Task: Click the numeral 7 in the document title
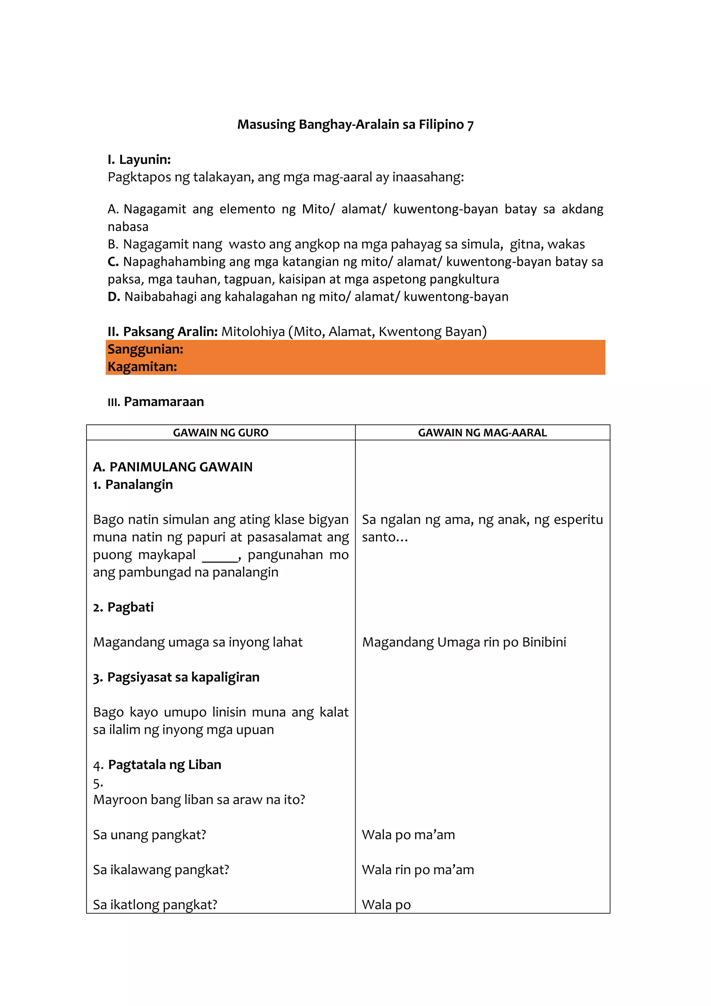470,125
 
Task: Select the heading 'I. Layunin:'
139,159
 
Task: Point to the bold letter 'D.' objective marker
114,297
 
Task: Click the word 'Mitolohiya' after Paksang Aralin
253,332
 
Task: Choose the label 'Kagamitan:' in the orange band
142,367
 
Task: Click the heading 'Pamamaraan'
164,402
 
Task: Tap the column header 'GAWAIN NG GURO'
221,433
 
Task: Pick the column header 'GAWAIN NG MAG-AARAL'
483,433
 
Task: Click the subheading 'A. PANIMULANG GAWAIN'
173,467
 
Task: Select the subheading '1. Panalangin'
133,485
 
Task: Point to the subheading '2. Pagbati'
124,607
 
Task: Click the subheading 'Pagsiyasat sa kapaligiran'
183,677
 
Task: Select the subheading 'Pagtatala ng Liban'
165,765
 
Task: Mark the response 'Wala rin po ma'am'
418,870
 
